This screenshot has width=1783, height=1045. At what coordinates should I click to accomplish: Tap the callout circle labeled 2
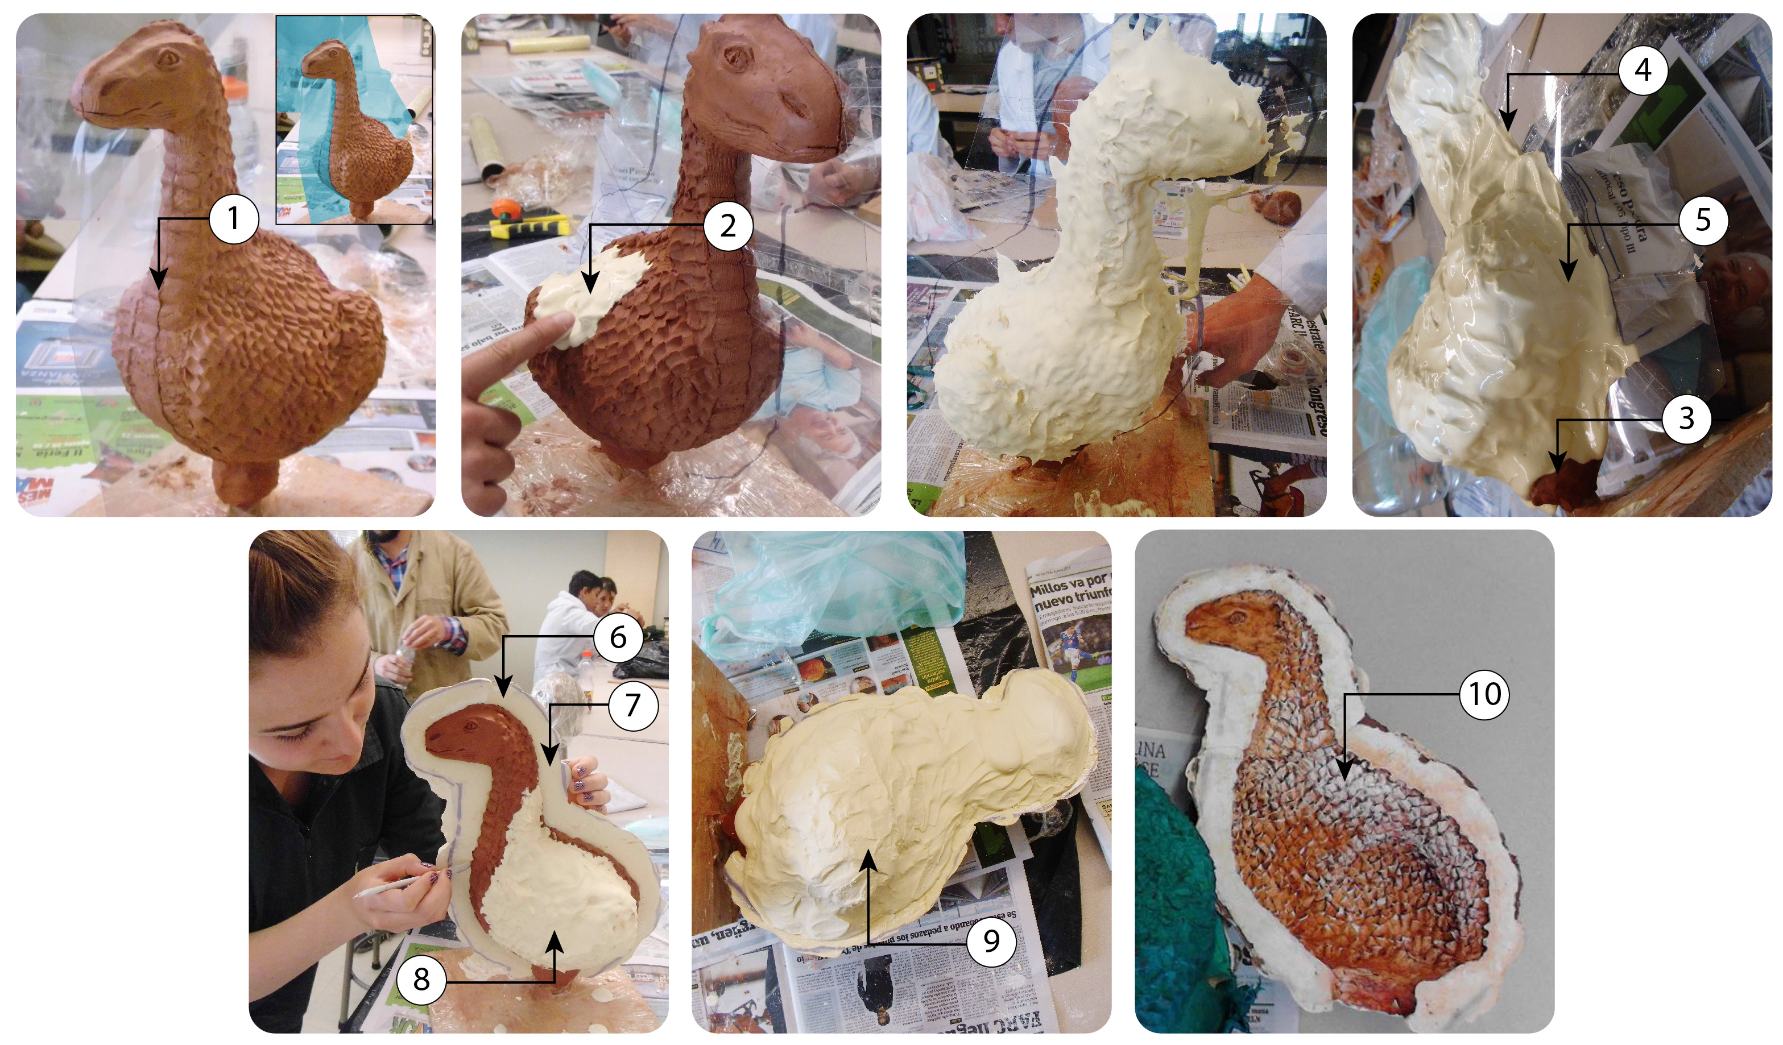(x=727, y=226)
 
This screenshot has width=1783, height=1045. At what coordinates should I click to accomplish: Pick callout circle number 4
(x=1643, y=70)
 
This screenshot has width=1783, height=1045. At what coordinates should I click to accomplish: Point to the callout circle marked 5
(x=1702, y=221)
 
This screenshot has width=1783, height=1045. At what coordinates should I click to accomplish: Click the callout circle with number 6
(x=618, y=637)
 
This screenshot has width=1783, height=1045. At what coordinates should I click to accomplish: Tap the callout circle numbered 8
(x=421, y=980)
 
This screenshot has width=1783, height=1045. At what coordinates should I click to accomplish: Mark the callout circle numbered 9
(x=991, y=941)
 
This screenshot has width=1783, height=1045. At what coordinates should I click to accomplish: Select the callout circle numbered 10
(x=1484, y=694)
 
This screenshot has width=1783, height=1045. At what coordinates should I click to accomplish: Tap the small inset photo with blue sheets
(x=354, y=121)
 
